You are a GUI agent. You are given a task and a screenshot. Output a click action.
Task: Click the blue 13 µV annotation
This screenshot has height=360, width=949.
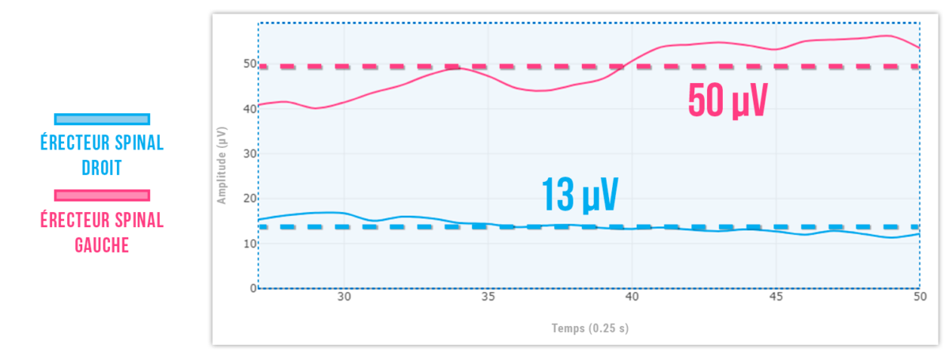click(579, 195)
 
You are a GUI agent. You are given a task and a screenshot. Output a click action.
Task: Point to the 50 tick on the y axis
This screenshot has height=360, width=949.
click(250, 63)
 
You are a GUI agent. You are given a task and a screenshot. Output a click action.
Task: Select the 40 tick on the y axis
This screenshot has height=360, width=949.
click(250, 108)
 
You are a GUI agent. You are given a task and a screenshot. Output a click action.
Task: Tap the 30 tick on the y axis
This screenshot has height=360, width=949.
click(250, 153)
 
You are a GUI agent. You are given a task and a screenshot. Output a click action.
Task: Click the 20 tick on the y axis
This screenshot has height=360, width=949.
click(250, 199)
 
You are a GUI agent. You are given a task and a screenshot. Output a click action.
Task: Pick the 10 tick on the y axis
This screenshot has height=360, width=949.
click(250, 244)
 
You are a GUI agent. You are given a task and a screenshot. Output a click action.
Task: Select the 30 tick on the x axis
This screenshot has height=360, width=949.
click(344, 298)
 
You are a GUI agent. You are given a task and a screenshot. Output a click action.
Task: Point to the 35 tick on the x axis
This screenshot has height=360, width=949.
click(488, 298)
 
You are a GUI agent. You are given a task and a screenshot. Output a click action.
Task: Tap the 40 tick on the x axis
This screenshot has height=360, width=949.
click(632, 298)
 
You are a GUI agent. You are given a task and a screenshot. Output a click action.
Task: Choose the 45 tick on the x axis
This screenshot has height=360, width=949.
click(776, 298)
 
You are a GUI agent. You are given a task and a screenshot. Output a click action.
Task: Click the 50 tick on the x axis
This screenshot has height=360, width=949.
click(919, 298)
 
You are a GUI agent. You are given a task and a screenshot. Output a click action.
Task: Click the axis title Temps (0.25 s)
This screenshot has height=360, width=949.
click(589, 328)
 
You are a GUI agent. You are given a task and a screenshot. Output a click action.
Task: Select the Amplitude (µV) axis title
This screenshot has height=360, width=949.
click(222, 165)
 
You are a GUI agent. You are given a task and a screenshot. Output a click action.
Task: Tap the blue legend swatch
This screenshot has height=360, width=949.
click(101, 119)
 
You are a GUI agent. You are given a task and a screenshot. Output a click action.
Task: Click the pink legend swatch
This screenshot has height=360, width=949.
click(101, 195)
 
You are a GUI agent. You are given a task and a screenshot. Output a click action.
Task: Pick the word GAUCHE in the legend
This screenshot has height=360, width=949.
click(101, 245)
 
